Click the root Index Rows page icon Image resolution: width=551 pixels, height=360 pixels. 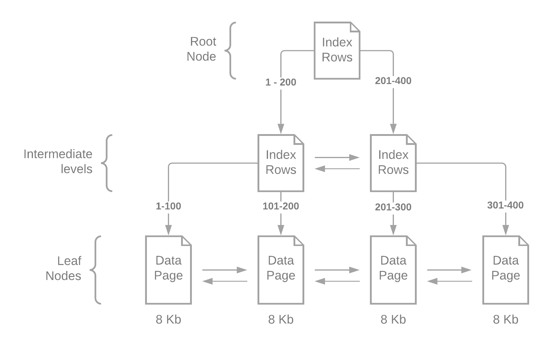pyautogui.click(x=337, y=50)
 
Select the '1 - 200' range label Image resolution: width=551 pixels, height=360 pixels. pyautogui.click(x=281, y=82)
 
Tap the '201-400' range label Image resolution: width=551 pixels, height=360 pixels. pyautogui.click(x=393, y=81)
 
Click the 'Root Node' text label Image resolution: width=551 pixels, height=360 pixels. pyautogui.click(x=201, y=49)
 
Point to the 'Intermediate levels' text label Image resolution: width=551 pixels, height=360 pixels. pyautogui.click(x=58, y=161)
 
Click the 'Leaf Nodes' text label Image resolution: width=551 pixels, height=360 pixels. pyautogui.click(x=64, y=268)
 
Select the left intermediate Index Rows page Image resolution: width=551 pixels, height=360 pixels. pyautogui.click(x=281, y=163)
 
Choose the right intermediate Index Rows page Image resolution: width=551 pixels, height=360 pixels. pyautogui.click(x=393, y=163)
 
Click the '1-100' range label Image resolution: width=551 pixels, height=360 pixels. pyautogui.click(x=168, y=206)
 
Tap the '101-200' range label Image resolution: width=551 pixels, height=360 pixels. pyautogui.click(x=281, y=206)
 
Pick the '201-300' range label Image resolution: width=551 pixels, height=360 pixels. pyautogui.click(x=393, y=207)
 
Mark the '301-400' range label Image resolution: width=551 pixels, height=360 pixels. pyautogui.click(x=505, y=205)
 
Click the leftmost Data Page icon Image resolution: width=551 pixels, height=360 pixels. pyautogui.click(x=168, y=270)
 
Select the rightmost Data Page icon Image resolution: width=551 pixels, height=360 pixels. pyautogui.click(x=505, y=270)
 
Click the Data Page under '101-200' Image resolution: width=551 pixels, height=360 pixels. pyautogui.click(x=281, y=270)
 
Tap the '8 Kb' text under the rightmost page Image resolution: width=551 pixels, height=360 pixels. pyautogui.click(x=505, y=319)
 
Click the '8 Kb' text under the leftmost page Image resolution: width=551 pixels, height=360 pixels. pyautogui.click(x=168, y=319)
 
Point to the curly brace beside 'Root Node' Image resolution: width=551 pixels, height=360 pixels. pyautogui.click(x=231, y=50)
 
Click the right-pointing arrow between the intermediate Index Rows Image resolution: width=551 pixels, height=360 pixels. pyautogui.click(x=337, y=157)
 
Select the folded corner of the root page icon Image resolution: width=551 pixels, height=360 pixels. pyautogui.click(x=355, y=27)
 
